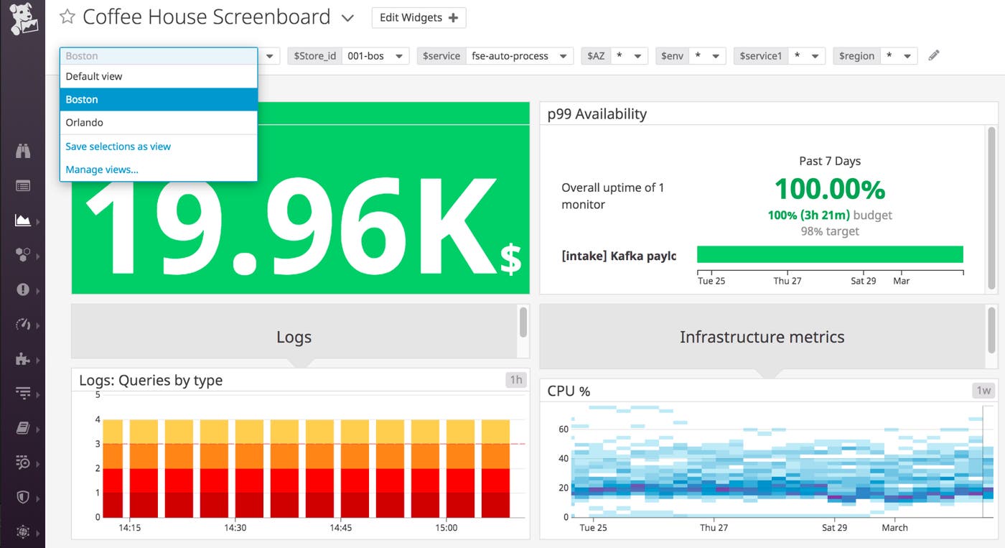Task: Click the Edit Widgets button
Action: pyautogui.click(x=419, y=18)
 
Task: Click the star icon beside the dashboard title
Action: pyautogui.click(x=67, y=17)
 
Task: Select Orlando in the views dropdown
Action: pyautogui.click(x=85, y=123)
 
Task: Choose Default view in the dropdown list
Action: pyautogui.click(x=94, y=76)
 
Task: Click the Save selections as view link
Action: pyautogui.click(x=118, y=147)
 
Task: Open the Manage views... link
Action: pyautogui.click(x=102, y=170)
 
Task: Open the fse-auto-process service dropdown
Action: pyautogui.click(x=518, y=56)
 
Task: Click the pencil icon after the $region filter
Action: pyautogui.click(x=933, y=55)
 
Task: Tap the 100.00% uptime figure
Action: pyautogui.click(x=829, y=189)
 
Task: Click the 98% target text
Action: pyautogui.click(x=829, y=231)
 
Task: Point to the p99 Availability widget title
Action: pyautogui.click(x=597, y=114)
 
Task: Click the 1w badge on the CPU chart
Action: pyautogui.click(x=983, y=391)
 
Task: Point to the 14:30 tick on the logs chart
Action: pyautogui.click(x=235, y=528)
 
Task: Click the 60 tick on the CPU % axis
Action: pyautogui.click(x=564, y=429)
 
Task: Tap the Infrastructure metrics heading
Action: pyautogui.click(x=762, y=337)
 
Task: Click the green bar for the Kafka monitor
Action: pyautogui.click(x=829, y=254)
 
